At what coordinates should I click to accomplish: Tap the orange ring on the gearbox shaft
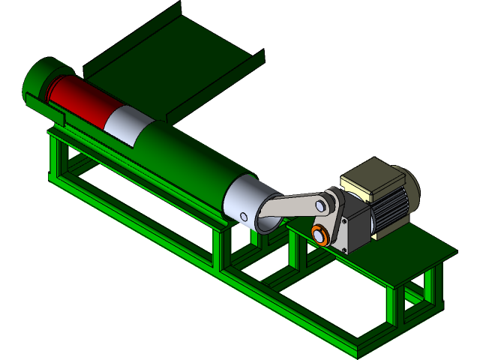[320, 235]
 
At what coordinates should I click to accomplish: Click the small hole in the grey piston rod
[243, 217]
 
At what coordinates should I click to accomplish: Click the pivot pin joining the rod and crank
[325, 204]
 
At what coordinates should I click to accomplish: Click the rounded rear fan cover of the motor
[411, 187]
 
